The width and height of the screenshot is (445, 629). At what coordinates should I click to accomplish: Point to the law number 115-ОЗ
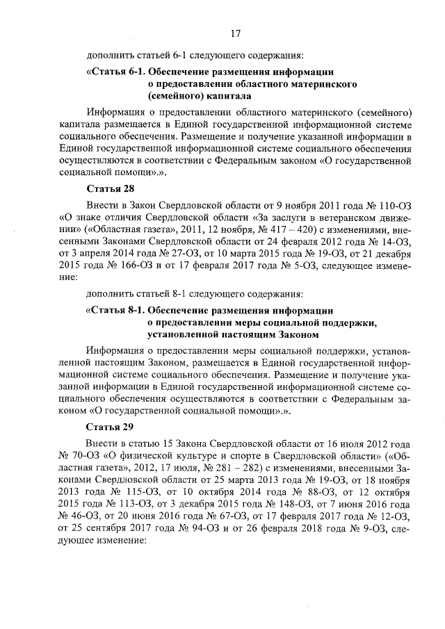click(x=121, y=491)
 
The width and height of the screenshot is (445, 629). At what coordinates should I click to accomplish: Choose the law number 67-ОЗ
click(x=222, y=515)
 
